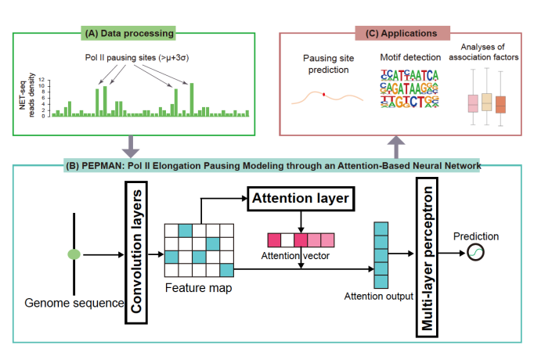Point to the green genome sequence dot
[74, 254]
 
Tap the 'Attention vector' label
[295, 256]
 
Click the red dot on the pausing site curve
[324, 95]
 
